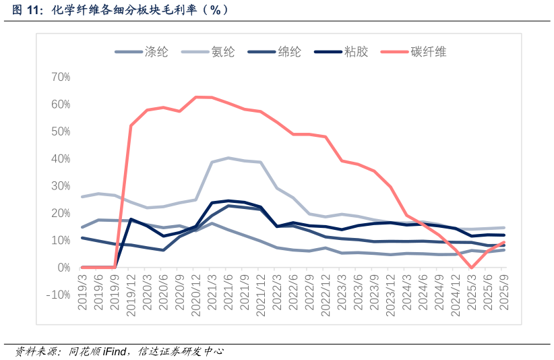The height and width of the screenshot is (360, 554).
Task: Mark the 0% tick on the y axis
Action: (x=63, y=268)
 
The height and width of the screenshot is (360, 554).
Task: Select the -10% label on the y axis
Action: (x=57, y=295)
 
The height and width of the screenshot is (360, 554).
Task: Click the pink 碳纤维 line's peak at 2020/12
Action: (x=196, y=97)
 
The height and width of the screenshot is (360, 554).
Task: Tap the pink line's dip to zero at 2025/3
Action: (x=472, y=268)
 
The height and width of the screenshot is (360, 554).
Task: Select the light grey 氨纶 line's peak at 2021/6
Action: (x=228, y=158)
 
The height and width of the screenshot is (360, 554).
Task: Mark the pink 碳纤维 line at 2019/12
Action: (x=131, y=126)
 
